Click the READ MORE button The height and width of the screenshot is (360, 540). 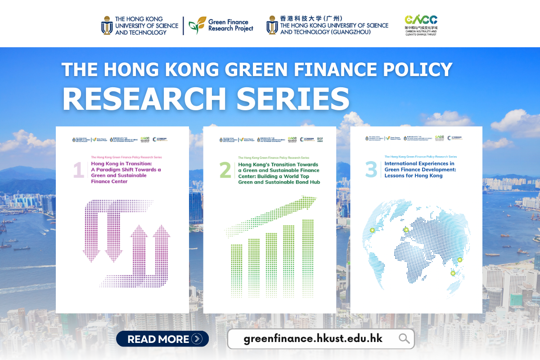[162, 339]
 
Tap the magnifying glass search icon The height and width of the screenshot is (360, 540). [404, 338]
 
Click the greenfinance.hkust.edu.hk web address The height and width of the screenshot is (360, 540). [313, 338]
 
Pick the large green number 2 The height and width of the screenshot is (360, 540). [225, 171]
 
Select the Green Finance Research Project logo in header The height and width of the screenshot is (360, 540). [221, 26]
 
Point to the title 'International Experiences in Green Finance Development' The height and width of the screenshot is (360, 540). [419, 170]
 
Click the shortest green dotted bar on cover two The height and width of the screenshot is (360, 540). [236, 270]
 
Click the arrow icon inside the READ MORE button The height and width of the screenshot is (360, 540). [196, 339]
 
